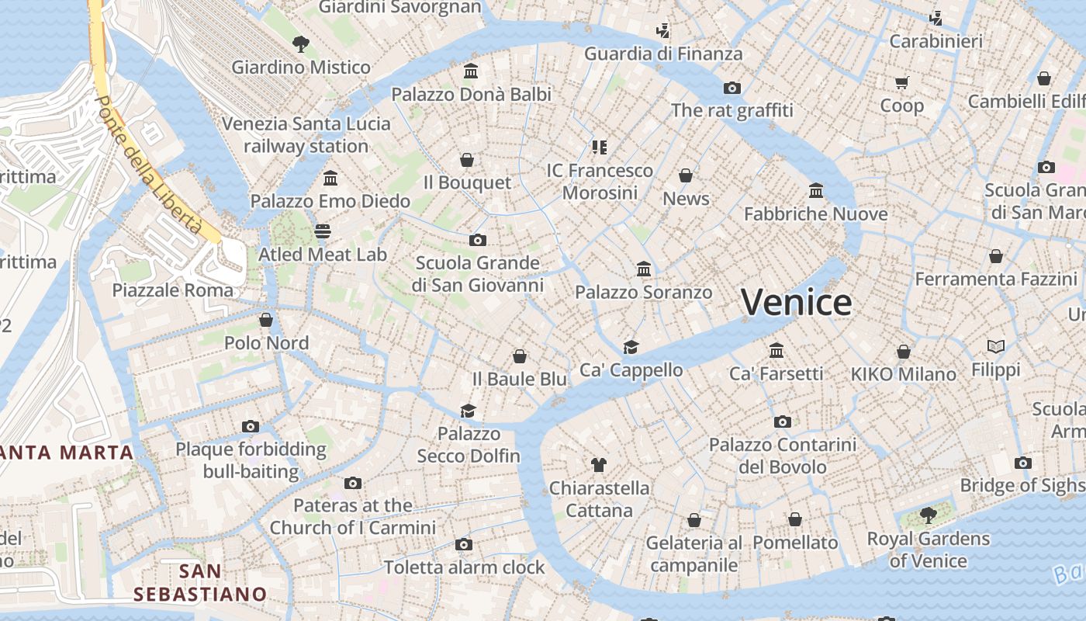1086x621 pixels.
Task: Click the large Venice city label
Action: point(796,303)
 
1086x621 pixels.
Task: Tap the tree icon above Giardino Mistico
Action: point(300,44)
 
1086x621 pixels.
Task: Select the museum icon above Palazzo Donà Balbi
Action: point(470,71)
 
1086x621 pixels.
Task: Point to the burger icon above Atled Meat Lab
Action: point(323,231)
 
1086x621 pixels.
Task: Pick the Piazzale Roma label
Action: point(172,290)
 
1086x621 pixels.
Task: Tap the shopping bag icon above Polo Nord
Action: point(266,320)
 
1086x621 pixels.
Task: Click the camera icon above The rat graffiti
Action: point(731,88)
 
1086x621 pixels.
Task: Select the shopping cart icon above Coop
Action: point(901,82)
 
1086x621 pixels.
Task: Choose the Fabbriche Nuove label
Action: point(815,213)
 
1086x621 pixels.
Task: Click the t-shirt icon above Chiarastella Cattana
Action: point(598,465)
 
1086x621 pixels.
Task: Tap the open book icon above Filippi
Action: point(996,346)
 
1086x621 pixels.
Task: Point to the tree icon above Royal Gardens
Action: point(928,515)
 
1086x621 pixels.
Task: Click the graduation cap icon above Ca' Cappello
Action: point(631,347)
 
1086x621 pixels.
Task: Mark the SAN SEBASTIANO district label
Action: point(200,583)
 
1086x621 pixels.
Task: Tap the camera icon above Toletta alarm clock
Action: point(464,544)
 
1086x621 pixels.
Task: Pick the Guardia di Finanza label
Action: point(663,54)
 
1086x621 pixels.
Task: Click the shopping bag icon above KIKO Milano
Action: point(903,352)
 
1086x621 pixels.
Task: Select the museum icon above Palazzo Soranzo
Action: point(643,269)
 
